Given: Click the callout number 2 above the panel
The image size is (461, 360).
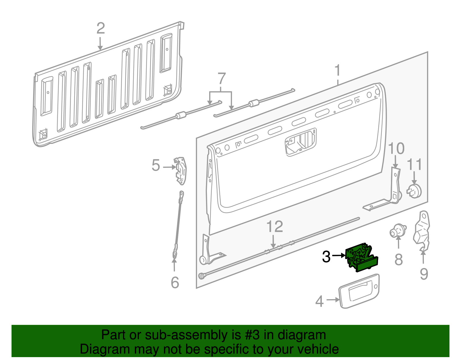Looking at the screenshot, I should (x=101, y=29).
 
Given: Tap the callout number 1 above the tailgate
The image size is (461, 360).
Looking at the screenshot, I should (x=337, y=71).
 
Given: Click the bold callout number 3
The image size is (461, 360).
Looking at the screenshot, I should (x=326, y=256).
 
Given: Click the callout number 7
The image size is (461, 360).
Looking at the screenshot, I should (x=221, y=79).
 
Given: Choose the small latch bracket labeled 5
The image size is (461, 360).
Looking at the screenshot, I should (x=181, y=171).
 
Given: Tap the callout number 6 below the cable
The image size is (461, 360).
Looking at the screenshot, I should (x=175, y=282).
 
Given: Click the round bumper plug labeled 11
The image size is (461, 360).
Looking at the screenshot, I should (x=414, y=191).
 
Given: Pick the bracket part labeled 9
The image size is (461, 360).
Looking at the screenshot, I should (x=422, y=230).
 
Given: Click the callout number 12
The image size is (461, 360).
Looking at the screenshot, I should (x=275, y=227).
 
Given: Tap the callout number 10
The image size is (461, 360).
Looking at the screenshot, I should (x=396, y=148).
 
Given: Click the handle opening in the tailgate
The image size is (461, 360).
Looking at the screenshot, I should (x=301, y=142).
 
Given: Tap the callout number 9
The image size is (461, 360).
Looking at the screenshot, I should (x=424, y=274).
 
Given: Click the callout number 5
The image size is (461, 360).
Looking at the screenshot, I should (x=156, y=165).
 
